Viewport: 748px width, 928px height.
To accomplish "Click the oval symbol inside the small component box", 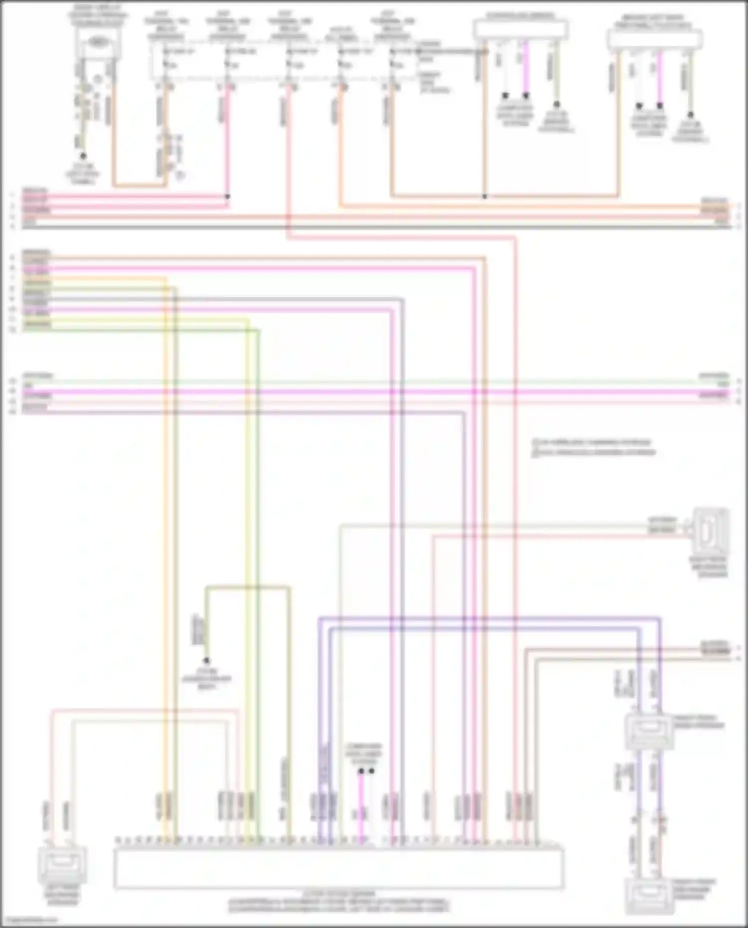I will [98, 41].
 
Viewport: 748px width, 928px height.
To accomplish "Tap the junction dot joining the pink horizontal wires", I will [227, 196].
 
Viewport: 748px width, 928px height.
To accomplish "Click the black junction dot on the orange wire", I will [484, 196].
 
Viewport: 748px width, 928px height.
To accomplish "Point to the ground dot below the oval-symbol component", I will [83, 156].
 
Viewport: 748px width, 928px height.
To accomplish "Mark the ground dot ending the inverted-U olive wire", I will [206, 660].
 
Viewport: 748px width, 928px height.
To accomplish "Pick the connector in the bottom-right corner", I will [649, 896].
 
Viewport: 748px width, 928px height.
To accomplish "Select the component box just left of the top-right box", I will [521, 29].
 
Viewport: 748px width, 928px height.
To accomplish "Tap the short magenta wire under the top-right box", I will [660, 77].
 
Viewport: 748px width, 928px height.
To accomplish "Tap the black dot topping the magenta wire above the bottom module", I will [361, 771].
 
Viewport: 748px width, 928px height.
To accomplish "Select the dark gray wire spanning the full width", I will [374, 227].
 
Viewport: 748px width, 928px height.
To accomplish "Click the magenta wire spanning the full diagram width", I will [374, 392].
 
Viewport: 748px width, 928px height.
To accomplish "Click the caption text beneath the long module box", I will [339, 903].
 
